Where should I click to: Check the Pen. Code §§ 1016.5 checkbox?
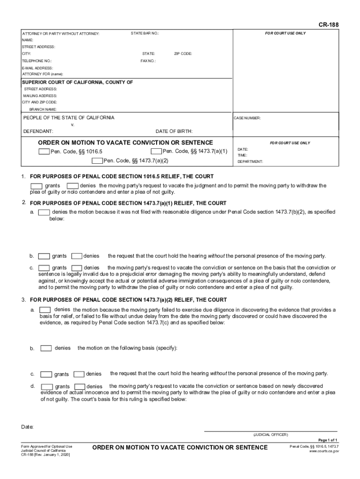coord(44,152)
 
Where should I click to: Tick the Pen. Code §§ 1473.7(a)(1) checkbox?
coord(156,151)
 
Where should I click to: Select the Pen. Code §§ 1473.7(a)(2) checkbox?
coord(97,161)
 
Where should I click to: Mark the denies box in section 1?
coord(72,186)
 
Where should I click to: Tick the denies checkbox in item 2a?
coord(44,212)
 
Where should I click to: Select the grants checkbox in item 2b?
coord(44,256)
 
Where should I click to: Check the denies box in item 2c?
coord(77,268)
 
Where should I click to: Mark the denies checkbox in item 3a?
coord(45,310)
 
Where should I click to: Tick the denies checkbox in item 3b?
coord(46,348)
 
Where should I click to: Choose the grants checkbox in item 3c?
coord(46,374)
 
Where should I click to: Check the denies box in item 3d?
coord(80,386)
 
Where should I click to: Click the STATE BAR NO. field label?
coord(145,34)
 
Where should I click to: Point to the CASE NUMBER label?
coord(247,118)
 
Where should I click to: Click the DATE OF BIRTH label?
coord(174,131)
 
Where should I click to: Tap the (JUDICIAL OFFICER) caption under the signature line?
coord(271,435)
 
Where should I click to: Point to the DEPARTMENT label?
coord(250,161)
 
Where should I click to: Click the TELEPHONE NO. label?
coord(37,61)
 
